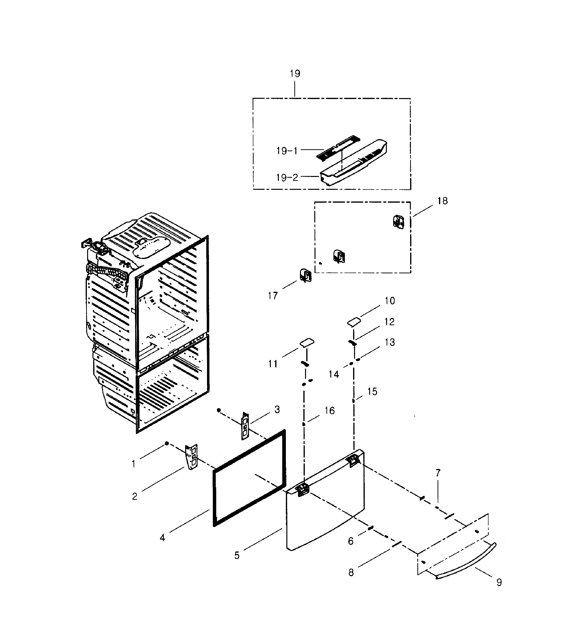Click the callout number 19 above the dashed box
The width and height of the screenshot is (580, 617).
click(x=295, y=74)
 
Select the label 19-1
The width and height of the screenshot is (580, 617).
click(x=287, y=151)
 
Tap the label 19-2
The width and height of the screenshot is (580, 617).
click(x=287, y=178)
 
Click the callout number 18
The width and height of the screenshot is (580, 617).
click(x=443, y=201)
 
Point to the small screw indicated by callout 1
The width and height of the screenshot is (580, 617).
click(x=167, y=443)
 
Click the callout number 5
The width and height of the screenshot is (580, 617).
click(x=237, y=556)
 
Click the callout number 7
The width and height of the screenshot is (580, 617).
click(x=438, y=473)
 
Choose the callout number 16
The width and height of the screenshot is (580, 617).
click(x=330, y=411)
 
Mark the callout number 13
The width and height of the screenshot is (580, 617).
click(x=390, y=342)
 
